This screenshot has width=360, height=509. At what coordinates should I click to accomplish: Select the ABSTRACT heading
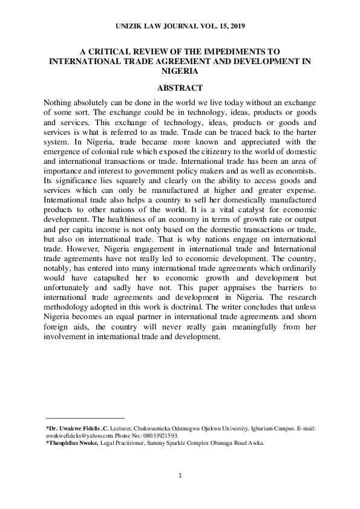coord(180,88)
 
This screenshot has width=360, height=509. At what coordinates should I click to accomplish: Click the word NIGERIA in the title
coord(180,71)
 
